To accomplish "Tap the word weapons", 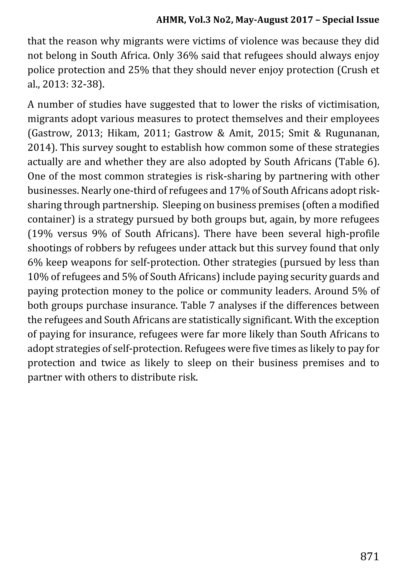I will click(x=87, y=263).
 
